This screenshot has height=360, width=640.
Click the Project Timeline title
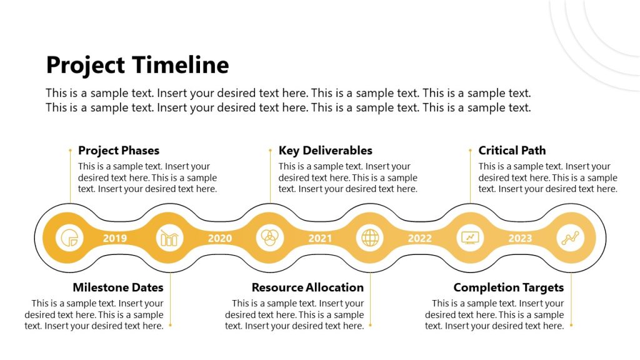(137, 65)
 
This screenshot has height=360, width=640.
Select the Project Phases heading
(119, 151)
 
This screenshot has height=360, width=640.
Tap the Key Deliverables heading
(325, 151)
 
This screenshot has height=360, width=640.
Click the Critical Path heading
(512, 151)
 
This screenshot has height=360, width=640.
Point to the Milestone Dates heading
(117, 287)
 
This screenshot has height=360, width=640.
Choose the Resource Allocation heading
(307, 287)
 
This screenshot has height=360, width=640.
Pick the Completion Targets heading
(509, 287)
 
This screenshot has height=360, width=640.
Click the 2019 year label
(115, 238)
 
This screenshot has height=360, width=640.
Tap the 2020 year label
(220, 238)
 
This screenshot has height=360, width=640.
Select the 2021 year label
(320, 238)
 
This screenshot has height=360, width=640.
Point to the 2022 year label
(420, 238)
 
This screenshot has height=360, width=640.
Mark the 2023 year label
(520, 238)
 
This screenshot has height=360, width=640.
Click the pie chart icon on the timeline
(70, 238)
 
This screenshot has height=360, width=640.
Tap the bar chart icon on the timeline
(170, 238)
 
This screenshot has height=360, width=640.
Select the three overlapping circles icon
(270, 238)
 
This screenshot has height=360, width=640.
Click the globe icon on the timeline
(370, 238)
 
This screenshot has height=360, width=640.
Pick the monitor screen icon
(470, 238)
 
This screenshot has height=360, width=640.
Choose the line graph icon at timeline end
(570, 238)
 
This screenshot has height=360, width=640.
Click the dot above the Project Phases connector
(70, 150)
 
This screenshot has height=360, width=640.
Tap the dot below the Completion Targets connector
(571, 326)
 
